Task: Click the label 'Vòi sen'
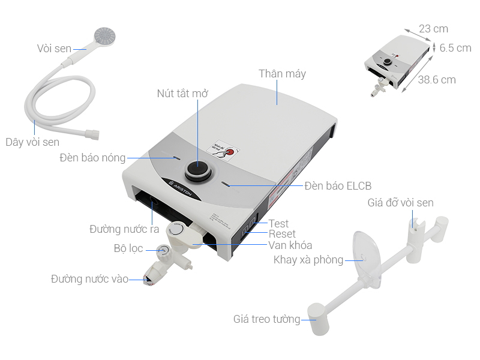pyautogui.click(x=54, y=49)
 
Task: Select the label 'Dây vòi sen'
pyautogui.click(x=32, y=142)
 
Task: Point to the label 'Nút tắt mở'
pyautogui.click(x=182, y=94)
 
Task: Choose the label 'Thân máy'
pyautogui.click(x=282, y=74)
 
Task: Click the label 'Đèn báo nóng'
pyautogui.click(x=92, y=158)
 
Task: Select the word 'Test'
pyautogui.click(x=278, y=224)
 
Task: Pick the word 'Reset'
pyautogui.click(x=281, y=234)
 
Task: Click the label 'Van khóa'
pyautogui.click(x=290, y=245)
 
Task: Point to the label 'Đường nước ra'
pyautogui.click(x=124, y=229)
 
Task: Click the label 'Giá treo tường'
pyautogui.click(x=266, y=319)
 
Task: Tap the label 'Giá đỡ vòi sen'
pyautogui.click(x=400, y=203)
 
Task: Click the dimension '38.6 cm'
pyautogui.click(x=437, y=80)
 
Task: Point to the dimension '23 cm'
pyautogui.click(x=433, y=29)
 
